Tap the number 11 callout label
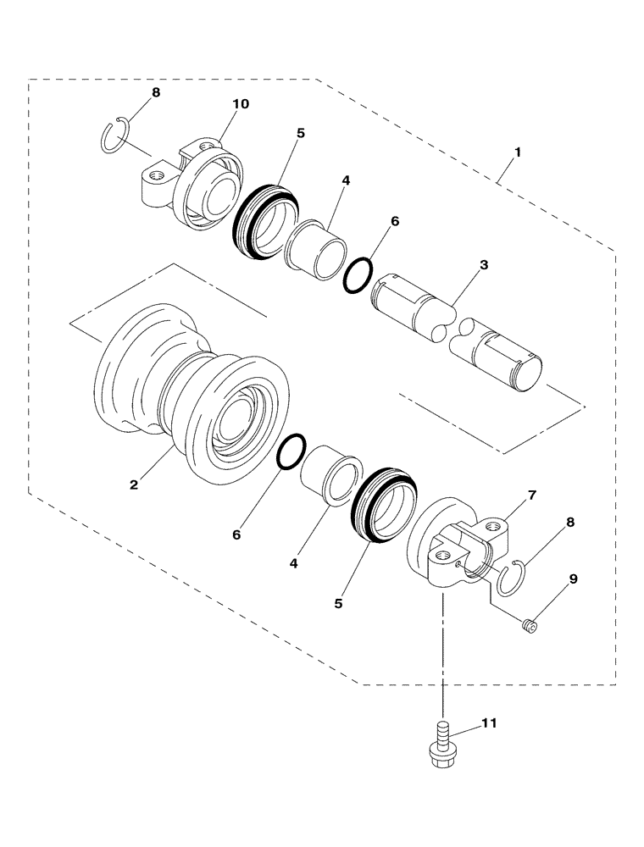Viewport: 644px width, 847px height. tap(489, 723)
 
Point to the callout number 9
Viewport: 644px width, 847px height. tap(573, 579)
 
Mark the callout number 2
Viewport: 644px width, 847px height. tap(133, 484)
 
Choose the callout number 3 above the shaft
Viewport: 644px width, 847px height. tap(483, 265)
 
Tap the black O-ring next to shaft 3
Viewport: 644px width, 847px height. tap(358, 275)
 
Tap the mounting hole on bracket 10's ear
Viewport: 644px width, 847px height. tap(156, 177)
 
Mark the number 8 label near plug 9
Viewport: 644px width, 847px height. tap(569, 523)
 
